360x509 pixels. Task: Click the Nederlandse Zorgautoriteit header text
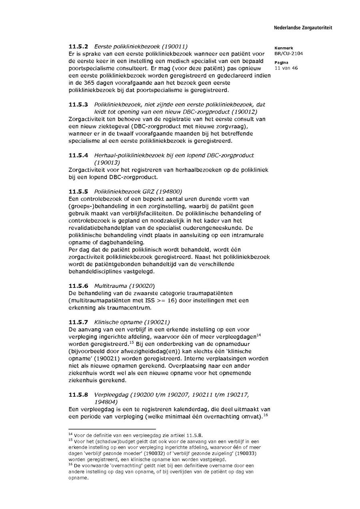point(303,28)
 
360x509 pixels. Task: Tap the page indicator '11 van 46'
point(286,68)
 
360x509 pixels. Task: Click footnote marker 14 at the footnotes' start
point(70,434)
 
